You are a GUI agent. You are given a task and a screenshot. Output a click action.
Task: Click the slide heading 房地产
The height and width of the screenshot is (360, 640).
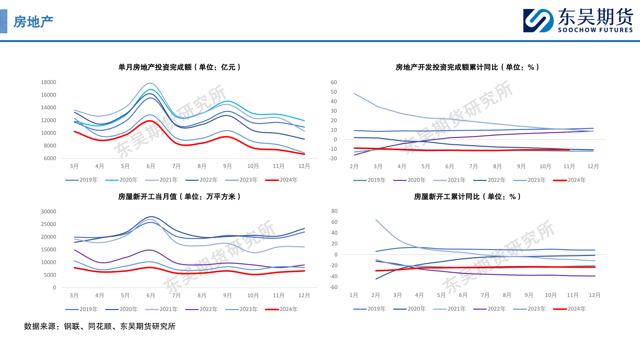tap(33, 22)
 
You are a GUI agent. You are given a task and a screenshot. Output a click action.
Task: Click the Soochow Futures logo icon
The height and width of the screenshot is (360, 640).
tap(538, 21)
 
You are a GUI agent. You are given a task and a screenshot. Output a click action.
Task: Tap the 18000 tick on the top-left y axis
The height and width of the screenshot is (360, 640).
tap(48, 82)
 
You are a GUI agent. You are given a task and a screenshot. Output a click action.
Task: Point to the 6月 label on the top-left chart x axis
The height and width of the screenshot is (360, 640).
tap(151, 166)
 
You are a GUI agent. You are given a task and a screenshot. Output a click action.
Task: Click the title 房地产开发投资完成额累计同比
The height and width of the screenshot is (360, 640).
tap(467, 67)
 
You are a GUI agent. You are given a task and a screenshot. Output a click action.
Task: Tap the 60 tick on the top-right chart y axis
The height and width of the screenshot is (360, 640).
tap(334, 82)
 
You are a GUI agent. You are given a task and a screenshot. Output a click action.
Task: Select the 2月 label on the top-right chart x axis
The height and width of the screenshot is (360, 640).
tap(354, 166)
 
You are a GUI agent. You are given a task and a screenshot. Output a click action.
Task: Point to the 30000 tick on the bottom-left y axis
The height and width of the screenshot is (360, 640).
tap(48, 212)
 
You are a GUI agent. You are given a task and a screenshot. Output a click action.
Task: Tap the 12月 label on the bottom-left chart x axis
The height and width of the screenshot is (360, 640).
tap(304, 295)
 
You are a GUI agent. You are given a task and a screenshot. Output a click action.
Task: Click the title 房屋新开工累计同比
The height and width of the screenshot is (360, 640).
tap(467, 197)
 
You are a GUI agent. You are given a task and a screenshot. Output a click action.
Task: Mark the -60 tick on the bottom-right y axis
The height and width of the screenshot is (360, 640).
tap(334, 287)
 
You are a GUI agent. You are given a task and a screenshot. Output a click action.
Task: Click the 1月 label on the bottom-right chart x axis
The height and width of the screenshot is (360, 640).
tap(354, 295)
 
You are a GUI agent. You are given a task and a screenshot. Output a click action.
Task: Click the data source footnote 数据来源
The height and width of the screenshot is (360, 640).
tap(100, 326)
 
